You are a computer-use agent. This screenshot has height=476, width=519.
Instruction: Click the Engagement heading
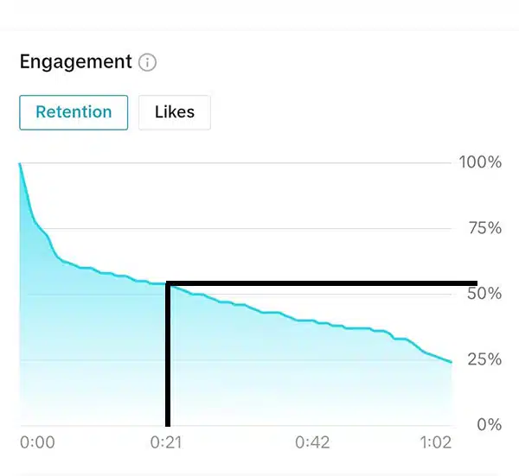coord(75,62)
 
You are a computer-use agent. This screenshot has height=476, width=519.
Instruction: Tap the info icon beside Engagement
coord(148,62)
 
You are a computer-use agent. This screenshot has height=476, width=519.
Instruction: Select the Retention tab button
coord(74,112)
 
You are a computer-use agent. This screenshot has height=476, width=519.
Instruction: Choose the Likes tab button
coord(174,112)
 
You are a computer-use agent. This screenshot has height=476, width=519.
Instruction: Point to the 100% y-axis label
coord(480,162)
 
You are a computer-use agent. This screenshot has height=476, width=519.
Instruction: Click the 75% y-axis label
coord(482,228)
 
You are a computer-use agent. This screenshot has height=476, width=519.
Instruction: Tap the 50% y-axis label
coord(482,294)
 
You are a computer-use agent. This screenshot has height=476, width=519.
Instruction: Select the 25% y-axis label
coord(482,359)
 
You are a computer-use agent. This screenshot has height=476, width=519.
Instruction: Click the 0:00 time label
coord(37,442)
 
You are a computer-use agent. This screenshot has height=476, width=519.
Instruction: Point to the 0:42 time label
coord(313,442)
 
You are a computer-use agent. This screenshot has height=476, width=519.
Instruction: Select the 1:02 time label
coord(435,442)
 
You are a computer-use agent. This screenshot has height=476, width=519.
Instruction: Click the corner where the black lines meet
coord(168,283)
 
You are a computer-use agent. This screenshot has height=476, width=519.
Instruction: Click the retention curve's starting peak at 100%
coord(20,163)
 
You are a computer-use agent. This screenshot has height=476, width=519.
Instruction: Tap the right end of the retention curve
coord(451,362)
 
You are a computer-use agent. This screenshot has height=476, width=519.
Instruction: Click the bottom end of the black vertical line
coord(168,423)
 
